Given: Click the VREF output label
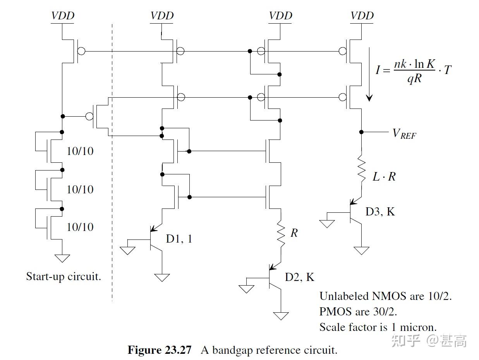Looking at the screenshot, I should click(x=404, y=133).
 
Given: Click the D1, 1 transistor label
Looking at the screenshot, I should click(x=179, y=238).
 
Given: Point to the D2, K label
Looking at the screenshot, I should click(x=300, y=277).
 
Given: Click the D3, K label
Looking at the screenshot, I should click(x=380, y=212).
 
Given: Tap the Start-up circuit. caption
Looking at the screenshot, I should click(x=64, y=276).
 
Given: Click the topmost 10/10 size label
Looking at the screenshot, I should click(x=80, y=151).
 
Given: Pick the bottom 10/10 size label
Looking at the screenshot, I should click(x=80, y=227).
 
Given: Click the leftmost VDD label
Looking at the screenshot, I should click(x=62, y=16).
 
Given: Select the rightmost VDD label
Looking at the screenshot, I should click(x=362, y=16).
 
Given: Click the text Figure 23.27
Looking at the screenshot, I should click(x=160, y=350).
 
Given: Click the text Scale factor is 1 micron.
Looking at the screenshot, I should click(x=378, y=327).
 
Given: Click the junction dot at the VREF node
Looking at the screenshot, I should click(x=361, y=132).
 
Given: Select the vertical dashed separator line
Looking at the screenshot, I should click(x=112, y=163).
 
